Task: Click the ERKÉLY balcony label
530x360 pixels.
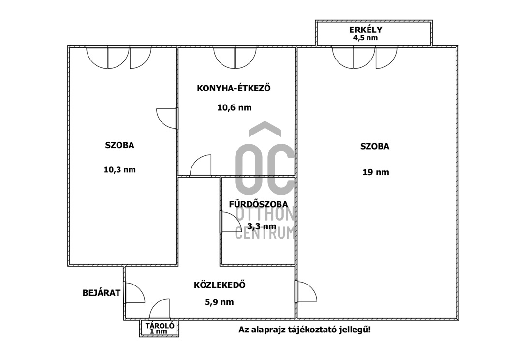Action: click(x=366, y=30)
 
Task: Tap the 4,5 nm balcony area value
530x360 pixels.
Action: click(x=366, y=38)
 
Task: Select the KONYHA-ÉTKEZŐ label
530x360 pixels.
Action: click(x=234, y=89)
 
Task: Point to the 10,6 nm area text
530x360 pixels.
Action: click(x=234, y=108)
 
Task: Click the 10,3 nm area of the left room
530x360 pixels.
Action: click(x=119, y=170)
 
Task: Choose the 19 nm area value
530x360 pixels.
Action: click(x=376, y=172)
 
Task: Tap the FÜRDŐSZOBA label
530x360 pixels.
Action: click(x=259, y=204)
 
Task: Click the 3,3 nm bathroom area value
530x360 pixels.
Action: click(x=262, y=226)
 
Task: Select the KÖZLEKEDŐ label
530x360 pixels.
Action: click(x=220, y=285)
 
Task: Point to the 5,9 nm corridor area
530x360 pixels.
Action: click(x=220, y=302)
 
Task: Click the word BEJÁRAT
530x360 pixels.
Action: click(x=102, y=293)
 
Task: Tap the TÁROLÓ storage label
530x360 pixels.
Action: click(x=160, y=326)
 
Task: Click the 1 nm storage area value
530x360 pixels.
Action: click(x=159, y=331)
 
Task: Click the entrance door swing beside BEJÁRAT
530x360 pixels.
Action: click(x=135, y=293)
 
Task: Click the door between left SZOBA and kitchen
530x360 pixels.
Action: click(x=167, y=119)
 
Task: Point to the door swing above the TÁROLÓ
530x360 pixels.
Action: click(x=159, y=309)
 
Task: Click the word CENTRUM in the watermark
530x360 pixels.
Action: click(x=265, y=233)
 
